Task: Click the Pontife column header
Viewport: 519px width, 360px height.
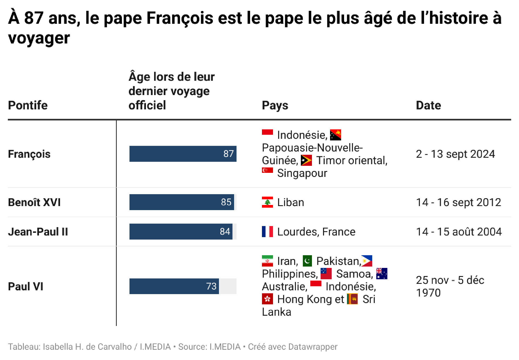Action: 28,105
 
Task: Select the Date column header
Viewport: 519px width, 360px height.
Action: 428,105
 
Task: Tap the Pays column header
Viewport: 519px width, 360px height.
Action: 275,105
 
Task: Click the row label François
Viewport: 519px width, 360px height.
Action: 29,154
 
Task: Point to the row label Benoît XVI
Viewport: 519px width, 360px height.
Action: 34,202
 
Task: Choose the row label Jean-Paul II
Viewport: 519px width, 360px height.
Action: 38,232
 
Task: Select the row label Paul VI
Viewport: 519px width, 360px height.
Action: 26,287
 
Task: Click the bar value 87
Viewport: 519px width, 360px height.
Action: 228,154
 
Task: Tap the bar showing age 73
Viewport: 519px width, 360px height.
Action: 174,286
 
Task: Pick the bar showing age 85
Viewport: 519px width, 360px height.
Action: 182,202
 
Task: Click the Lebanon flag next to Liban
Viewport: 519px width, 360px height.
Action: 267,202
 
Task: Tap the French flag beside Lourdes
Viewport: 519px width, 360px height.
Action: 267,231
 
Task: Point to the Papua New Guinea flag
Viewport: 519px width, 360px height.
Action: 335,135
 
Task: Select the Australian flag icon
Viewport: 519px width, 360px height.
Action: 382,274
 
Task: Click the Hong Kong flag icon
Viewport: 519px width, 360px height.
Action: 267,299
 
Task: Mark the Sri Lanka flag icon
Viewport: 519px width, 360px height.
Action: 352,299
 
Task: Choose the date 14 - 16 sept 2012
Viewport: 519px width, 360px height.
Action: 458,202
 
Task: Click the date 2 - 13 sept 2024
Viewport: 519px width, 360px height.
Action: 455,154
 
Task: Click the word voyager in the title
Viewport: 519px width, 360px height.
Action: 39,38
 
